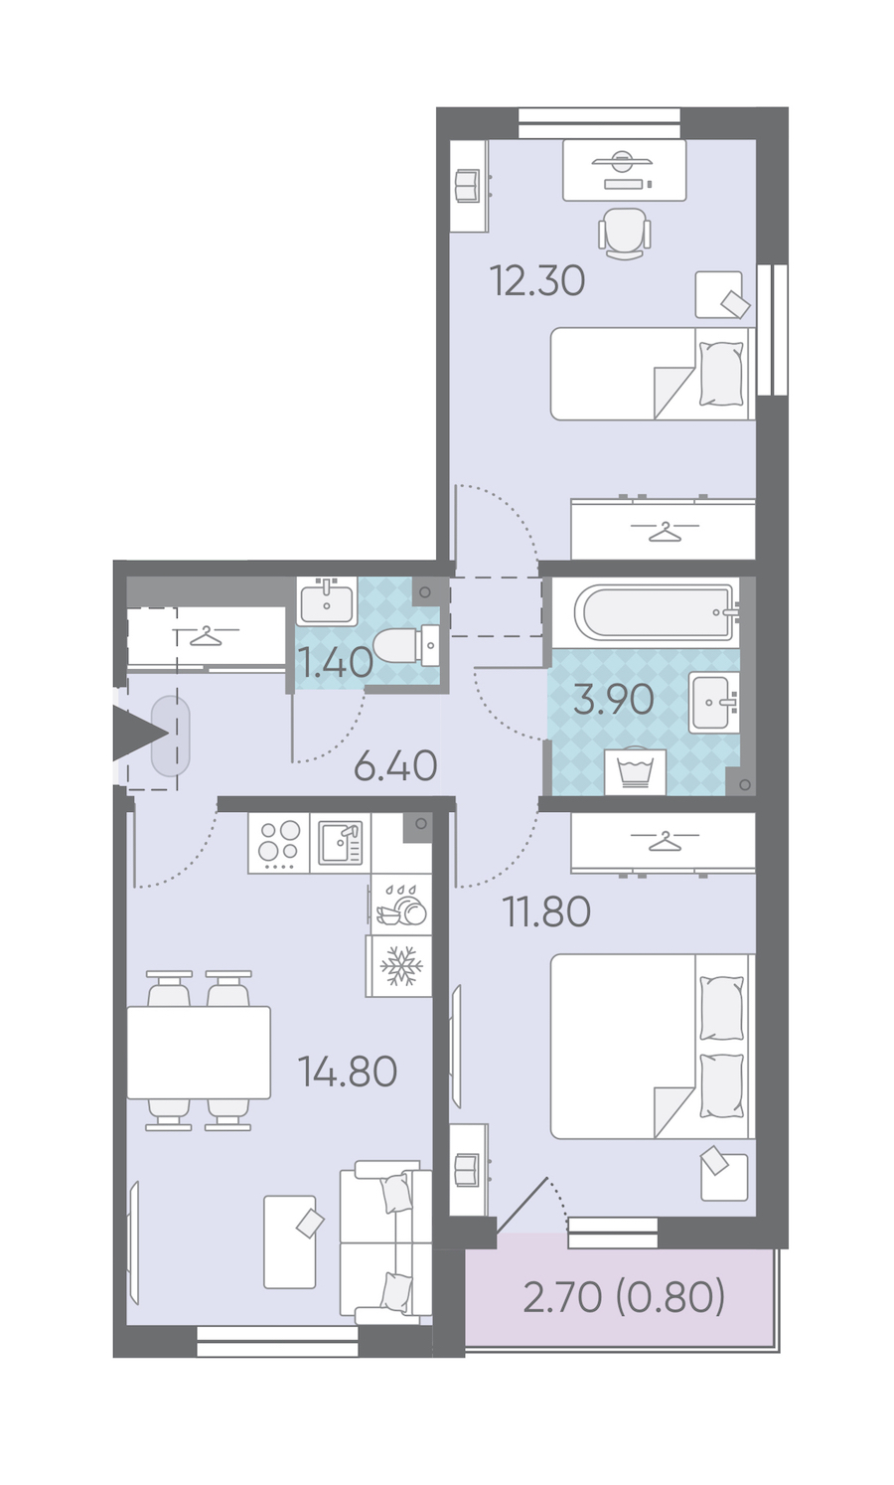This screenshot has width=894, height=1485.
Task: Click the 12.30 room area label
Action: [x=536, y=279]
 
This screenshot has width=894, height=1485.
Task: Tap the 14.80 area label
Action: [x=348, y=1072]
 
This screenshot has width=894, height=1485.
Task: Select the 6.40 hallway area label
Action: [x=395, y=765]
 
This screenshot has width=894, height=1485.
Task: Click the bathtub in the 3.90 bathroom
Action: [x=656, y=612]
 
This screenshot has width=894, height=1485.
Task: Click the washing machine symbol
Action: [x=635, y=771]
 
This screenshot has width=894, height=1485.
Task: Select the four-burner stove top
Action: [x=278, y=843]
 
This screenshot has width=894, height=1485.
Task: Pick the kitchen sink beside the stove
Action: [x=340, y=843]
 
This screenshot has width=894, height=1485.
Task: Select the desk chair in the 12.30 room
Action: [x=624, y=234]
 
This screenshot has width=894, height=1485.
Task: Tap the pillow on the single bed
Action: [x=721, y=374]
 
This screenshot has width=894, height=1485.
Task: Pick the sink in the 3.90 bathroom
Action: [x=713, y=703]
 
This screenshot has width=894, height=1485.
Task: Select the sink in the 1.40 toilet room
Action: [x=327, y=600]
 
